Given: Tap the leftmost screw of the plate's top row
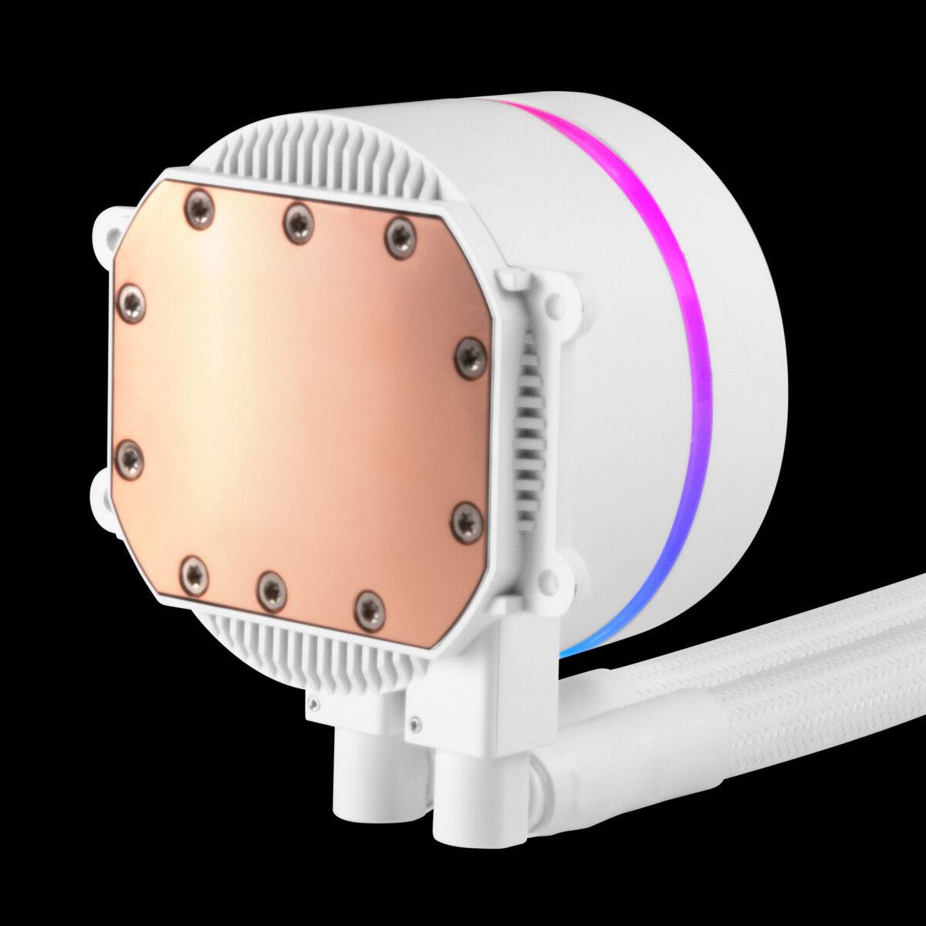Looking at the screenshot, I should (x=199, y=209).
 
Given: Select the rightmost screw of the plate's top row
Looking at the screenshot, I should (x=400, y=238).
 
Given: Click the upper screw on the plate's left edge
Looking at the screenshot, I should (x=129, y=301).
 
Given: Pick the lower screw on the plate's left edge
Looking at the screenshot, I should (x=129, y=460).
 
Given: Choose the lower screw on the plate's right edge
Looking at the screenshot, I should (x=466, y=522).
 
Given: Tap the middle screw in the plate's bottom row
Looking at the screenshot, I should (x=272, y=591).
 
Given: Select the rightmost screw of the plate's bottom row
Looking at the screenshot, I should (x=370, y=610).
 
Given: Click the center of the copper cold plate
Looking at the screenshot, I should (x=301, y=409).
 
